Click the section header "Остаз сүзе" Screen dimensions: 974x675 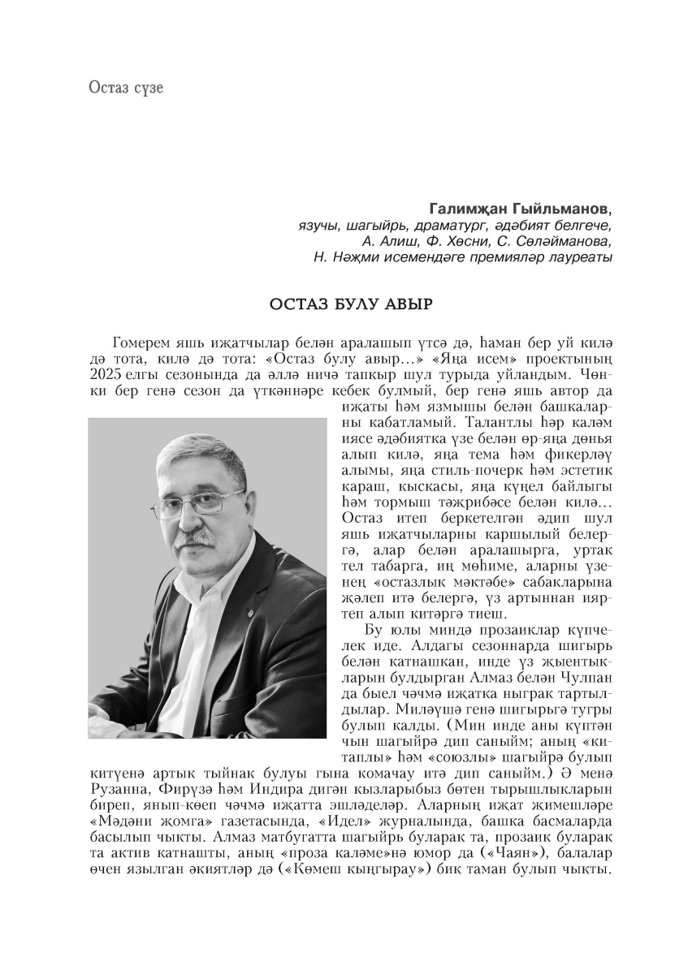click(126, 87)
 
